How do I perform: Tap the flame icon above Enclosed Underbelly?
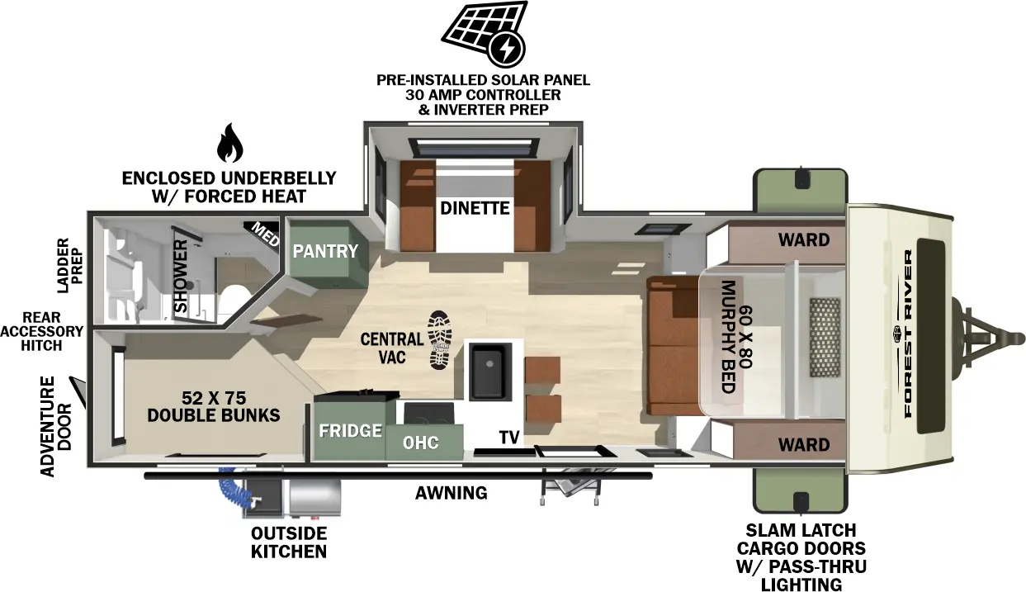coord(229,144)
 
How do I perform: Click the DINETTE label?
coord(474,208)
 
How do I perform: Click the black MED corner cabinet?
coord(263,230)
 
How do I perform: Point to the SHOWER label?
coord(181,277)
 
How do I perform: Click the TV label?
coord(508,438)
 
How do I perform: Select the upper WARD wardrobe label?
coord(803,239)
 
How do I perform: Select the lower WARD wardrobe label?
coord(803,445)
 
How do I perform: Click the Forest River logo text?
coord(908,334)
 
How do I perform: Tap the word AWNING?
coord(451,493)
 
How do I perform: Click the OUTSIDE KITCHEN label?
coord(289,542)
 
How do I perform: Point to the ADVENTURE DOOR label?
coord(55,426)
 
